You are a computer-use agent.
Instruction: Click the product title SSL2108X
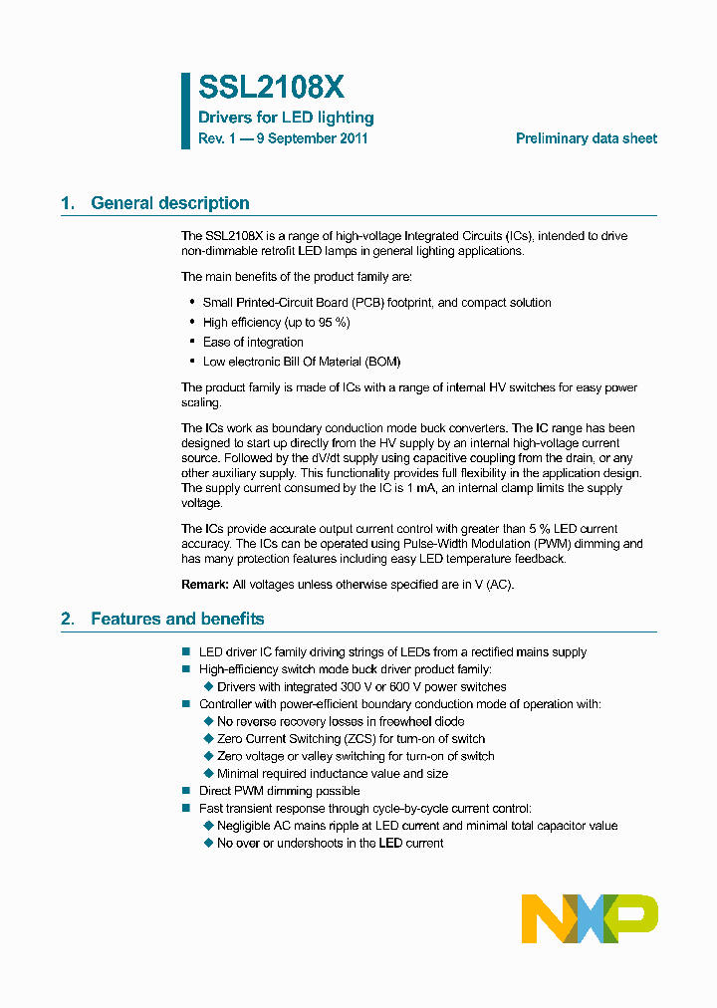[x=271, y=89]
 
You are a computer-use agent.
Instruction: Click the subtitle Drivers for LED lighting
[x=286, y=118]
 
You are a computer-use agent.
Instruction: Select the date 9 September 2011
[x=312, y=138]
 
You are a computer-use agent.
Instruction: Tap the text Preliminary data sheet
[x=586, y=138]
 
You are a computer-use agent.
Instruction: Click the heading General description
[x=169, y=203]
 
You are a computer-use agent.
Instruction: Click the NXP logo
[x=590, y=918]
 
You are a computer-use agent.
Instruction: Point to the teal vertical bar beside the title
[x=185, y=111]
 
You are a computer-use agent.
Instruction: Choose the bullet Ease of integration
[x=253, y=343]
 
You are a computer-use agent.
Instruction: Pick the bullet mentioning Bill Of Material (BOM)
[x=302, y=362]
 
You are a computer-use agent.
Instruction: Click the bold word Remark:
[x=204, y=585]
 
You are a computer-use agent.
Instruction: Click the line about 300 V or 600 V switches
[x=361, y=686]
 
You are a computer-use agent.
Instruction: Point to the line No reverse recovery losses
[x=341, y=721]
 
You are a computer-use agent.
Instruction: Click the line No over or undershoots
[x=330, y=843]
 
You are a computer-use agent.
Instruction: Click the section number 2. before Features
[x=68, y=619]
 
